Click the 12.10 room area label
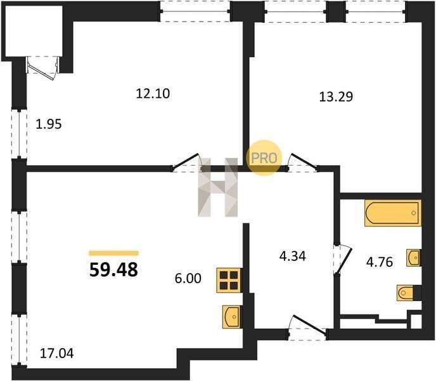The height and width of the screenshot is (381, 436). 153,93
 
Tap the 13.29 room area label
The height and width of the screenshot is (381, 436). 336,97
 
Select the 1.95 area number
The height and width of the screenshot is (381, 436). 49,124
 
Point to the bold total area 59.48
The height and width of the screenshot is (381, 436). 113,270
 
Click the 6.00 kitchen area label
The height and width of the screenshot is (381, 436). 188,278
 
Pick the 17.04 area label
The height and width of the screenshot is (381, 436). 57,354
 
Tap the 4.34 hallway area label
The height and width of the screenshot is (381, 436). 293,257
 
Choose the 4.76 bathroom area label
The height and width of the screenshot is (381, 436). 380,262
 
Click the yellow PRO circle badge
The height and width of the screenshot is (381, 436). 264,158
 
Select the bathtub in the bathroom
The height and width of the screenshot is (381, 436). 393,213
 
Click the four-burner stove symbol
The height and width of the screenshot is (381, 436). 229,281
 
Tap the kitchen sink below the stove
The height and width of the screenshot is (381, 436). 232,317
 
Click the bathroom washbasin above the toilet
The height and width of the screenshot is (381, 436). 413,258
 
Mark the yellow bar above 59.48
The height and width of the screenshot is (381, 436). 113,253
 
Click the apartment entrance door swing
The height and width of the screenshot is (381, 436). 307,328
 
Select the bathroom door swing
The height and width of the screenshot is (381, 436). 343,259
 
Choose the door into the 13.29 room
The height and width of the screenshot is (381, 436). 303,163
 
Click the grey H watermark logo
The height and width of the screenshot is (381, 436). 218,187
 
